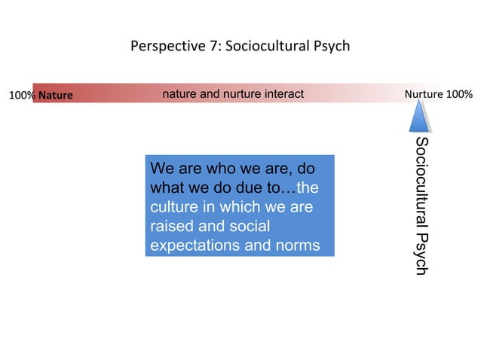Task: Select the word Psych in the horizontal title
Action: click(332, 46)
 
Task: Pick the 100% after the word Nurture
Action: click(459, 95)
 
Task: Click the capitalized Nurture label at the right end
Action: click(424, 95)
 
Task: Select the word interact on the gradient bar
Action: click(282, 94)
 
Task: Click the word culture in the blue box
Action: click(175, 206)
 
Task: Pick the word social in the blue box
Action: click(247, 226)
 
